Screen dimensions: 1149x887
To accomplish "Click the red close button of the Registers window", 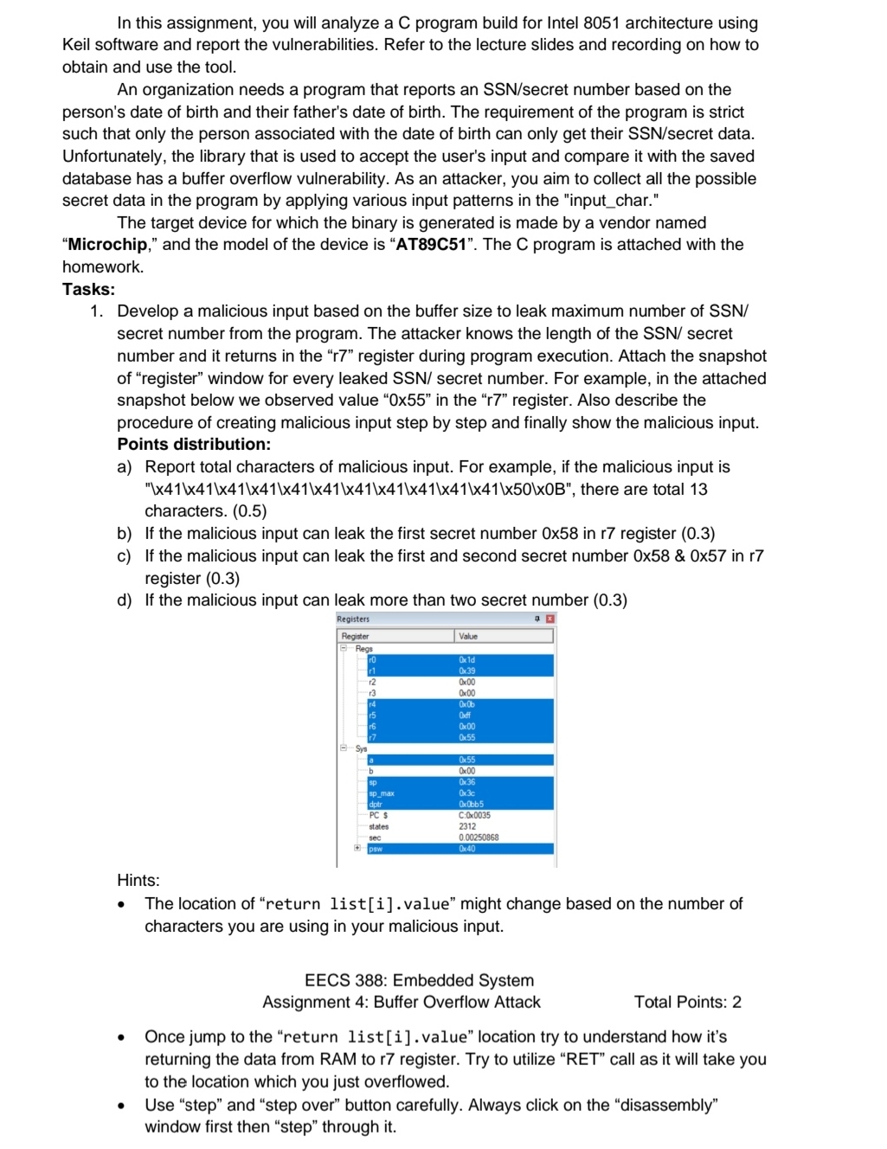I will click(x=550, y=619).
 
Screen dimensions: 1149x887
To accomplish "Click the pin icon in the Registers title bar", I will click(x=537, y=619).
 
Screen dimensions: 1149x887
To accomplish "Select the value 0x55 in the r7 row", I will click(x=467, y=737).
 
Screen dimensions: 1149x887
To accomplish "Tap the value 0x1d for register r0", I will click(x=467, y=659).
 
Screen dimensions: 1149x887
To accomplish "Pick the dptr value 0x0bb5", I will click(x=471, y=804).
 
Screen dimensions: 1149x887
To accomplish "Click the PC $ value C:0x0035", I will click(x=474, y=815).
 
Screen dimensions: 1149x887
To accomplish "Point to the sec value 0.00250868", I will click(x=479, y=838).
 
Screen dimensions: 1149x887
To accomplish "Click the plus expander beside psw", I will click(x=357, y=849).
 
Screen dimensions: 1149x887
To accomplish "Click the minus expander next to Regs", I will click(x=344, y=648).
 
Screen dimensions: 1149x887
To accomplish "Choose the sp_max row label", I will click(x=382, y=793).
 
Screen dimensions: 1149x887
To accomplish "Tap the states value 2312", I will click(x=467, y=826).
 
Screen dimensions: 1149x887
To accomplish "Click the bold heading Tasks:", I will click(x=88, y=289).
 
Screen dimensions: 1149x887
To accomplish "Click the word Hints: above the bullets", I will click(x=138, y=880).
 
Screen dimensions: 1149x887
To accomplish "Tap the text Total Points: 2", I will click(x=687, y=1002).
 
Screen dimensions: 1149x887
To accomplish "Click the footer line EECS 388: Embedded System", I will click(x=419, y=980).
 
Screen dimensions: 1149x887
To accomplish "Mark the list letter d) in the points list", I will click(x=125, y=600).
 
